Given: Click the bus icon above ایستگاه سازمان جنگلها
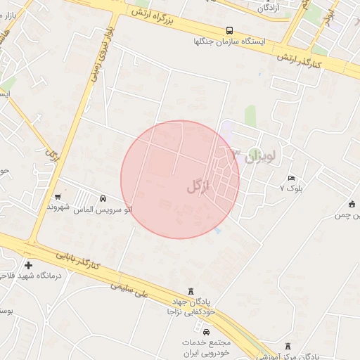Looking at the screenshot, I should (230, 30).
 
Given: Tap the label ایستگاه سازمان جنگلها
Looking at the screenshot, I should (230, 42).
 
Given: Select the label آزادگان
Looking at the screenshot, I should (270, 8).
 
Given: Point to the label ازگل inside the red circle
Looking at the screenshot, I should (199, 186).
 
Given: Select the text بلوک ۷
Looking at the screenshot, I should (291, 188).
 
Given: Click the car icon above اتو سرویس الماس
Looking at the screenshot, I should (103, 199).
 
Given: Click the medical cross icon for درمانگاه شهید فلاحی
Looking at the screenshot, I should (28, 265).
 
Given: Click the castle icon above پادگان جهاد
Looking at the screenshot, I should (191, 290).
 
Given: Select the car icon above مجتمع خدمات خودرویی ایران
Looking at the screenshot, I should (206, 331).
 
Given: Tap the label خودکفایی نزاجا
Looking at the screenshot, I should (191, 311).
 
